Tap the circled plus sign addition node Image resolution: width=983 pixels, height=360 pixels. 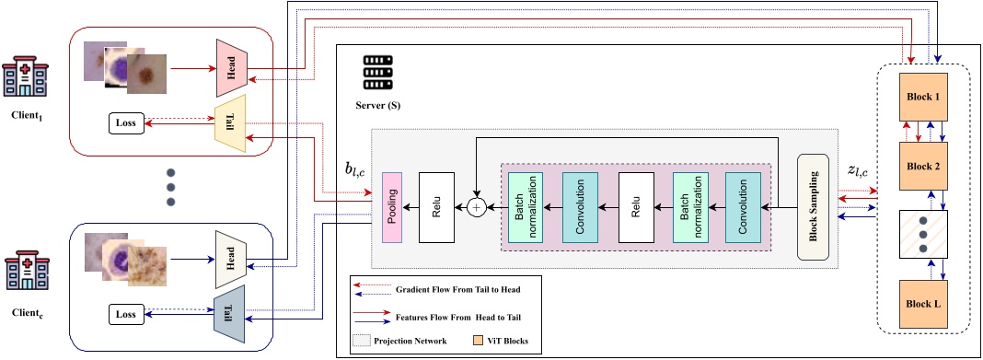[477, 207]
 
